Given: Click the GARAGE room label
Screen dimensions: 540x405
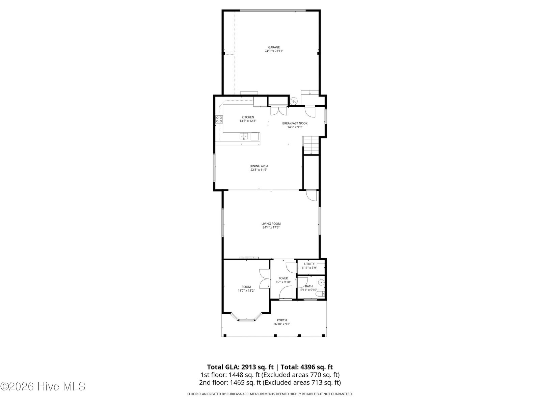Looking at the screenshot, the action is pyautogui.click(x=274, y=47).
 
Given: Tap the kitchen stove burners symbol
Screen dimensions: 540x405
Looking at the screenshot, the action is pyautogui.click(x=219, y=119).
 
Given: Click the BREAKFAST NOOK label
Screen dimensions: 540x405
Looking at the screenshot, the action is pyautogui.click(x=295, y=123).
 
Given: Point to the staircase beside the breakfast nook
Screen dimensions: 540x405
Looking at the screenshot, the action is pyautogui.click(x=311, y=145).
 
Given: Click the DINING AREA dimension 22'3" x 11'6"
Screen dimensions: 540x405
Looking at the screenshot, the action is pyautogui.click(x=259, y=170).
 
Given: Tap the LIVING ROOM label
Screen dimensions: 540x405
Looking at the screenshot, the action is pyautogui.click(x=271, y=224).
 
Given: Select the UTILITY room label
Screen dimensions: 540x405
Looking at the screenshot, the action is pyautogui.click(x=309, y=264).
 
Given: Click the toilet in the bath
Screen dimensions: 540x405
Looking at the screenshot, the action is pyautogui.click(x=321, y=294).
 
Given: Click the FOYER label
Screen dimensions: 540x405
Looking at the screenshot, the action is pyautogui.click(x=283, y=278).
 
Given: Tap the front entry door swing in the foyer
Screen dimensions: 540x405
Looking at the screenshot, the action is pyautogui.click(x=286, y=293).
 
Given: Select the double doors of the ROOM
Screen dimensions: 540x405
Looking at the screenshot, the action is pyautogui.click(x=265, y=279).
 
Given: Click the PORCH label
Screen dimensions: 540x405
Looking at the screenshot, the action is pyautogui.click(x=282, y=320).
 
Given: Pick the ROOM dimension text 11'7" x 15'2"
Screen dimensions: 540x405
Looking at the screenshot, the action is pyautogui.click(x=246, y=290).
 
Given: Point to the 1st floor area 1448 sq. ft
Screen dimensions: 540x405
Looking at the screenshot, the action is pyautogui.click(x=244, y=375).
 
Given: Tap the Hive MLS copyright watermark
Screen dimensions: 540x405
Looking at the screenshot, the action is pyautogui.click(x=43, y=386).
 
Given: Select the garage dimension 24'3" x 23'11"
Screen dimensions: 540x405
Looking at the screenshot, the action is pyautogui.click(x=274, y=51).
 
